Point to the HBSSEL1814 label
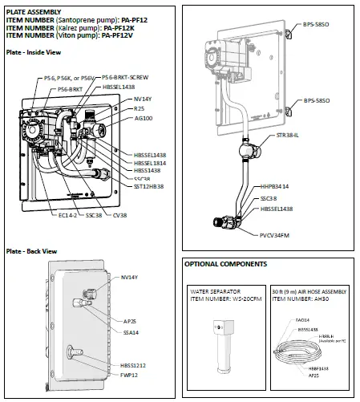pyautogui.click(x=150, y=163)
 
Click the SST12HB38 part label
pyautogui.click(x=149, y=185)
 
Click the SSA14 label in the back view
pyautogui.click(x=129, y=331)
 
